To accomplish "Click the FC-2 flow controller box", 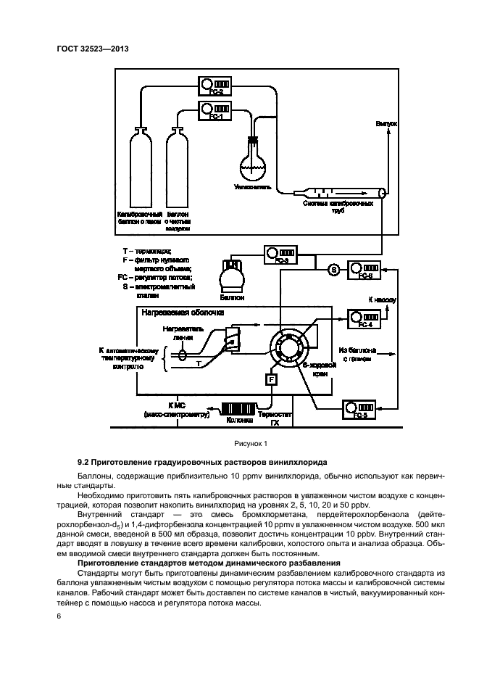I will tap(215, 86).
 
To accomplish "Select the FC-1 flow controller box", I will tap(215, 110).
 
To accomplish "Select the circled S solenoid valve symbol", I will tap(333, 270).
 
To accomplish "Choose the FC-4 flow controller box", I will tap(365, 317).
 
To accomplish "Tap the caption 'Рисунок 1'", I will tap(250, 443).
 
